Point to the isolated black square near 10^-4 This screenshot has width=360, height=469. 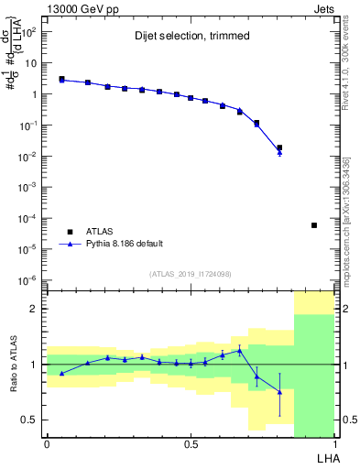(x=314, y=225)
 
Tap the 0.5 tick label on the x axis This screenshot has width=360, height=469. (x=190, y=442)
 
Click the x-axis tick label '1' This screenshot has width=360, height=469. (x=335, y=442)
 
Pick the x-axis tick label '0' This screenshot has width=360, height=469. (x=47, y=442)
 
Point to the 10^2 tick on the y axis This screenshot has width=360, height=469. (x=28, y=32)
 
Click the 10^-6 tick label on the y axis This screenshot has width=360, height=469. (x=28, y=280)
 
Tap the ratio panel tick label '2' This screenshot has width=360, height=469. (x=35, y=309)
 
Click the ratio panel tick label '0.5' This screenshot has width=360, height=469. (x=31, y=420)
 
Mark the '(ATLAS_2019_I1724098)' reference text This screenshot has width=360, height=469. (x=190, y=273)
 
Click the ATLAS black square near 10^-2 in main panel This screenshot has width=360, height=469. (x=279, y=147)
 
